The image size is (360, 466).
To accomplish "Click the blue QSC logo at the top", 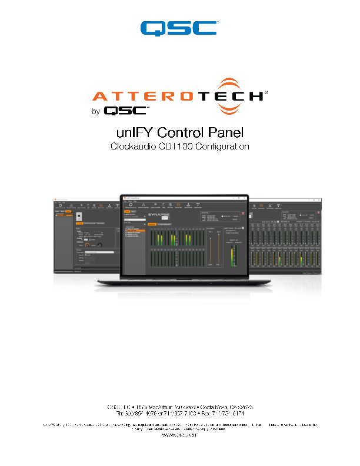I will (179, 28).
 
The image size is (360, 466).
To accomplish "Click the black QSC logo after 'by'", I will (126, 110).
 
